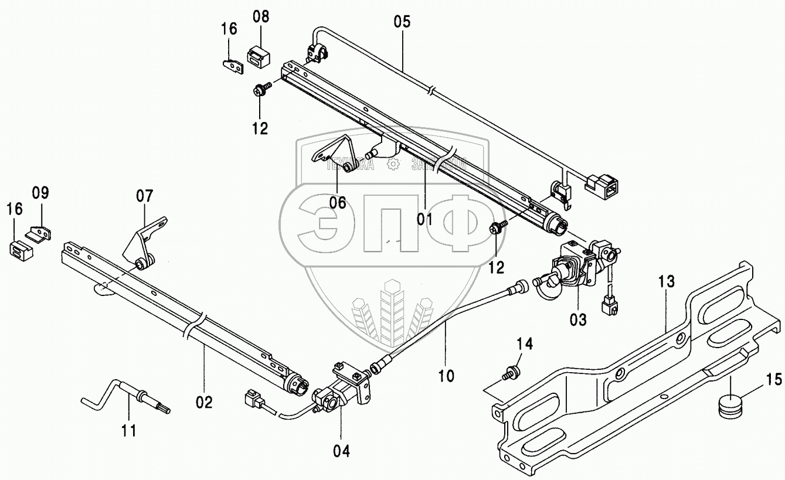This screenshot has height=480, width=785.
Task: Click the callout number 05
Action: coord(402,22)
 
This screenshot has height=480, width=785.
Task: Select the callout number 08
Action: coord(261,16)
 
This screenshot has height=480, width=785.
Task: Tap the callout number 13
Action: coord(667,282)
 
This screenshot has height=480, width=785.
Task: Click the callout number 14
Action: coord(524,344)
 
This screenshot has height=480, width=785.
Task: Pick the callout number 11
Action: coord(128,431)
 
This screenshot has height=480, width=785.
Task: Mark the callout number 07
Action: coord(144,196)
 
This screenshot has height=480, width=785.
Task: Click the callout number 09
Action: coord(40,193)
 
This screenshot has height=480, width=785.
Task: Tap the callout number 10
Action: coord(446,375)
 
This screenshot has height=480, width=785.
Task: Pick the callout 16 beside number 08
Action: coord(229,29)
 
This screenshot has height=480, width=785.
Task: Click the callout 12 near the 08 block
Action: coord(260,128)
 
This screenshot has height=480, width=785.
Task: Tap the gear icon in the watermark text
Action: coord(392,165)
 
